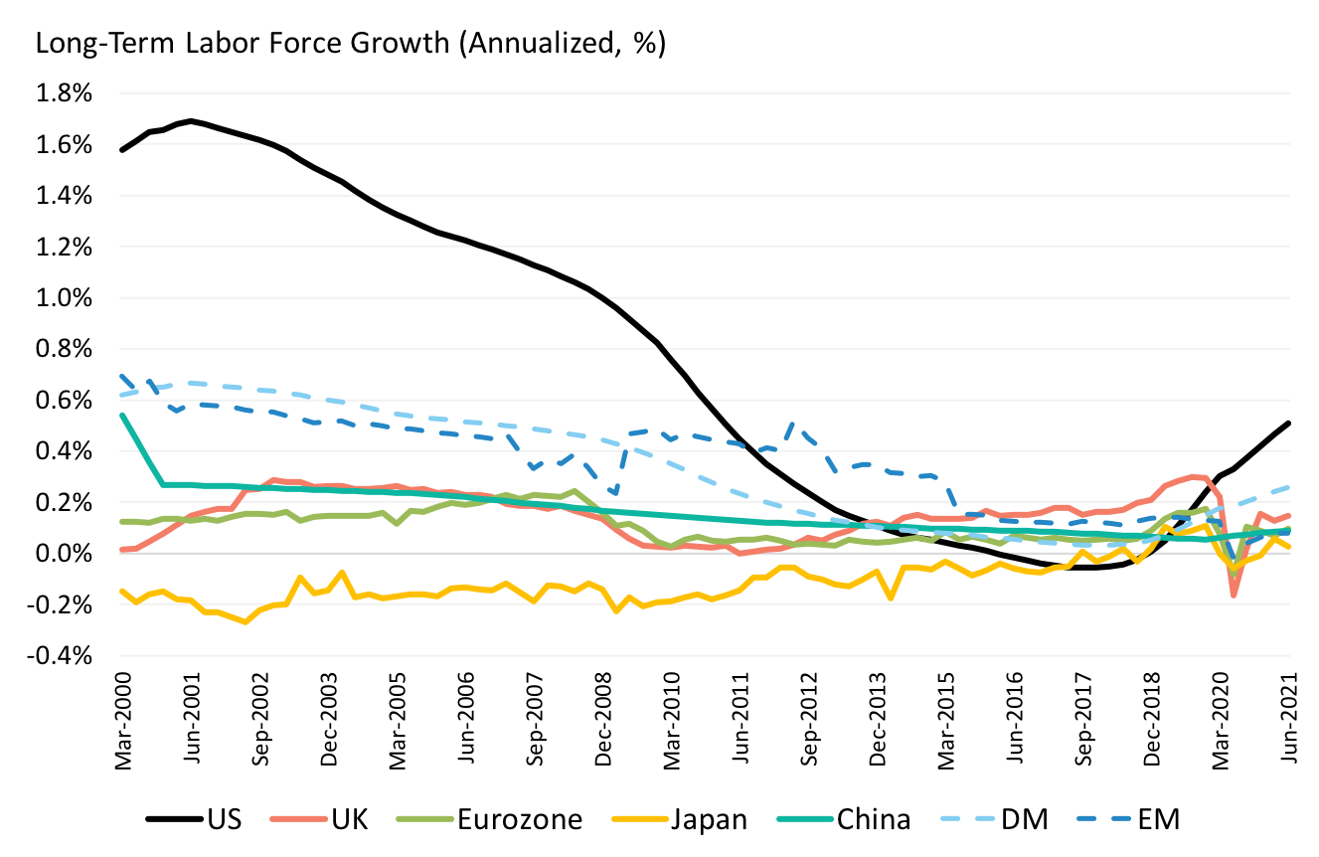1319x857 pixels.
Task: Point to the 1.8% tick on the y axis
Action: click(x=65, y=94)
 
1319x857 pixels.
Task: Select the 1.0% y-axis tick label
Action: click(x=65, y=298)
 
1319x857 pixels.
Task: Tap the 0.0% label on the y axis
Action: click(x=65, y=554)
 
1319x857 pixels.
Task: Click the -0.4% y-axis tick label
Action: click(x=62, y=656)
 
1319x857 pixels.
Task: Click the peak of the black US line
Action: click(x=190, y=121)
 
